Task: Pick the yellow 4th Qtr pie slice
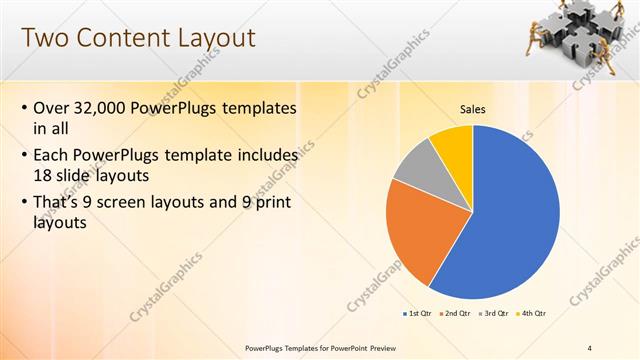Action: [x=454, y=144]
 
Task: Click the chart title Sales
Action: [x=473, y=109]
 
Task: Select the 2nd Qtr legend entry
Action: [x=455, y=313]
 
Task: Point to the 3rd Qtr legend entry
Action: [x=495, y=313]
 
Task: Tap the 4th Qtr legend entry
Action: [x=531, y=313]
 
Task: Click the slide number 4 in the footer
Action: [x=590, y=347]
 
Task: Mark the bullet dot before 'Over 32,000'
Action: [x=24, y=108]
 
